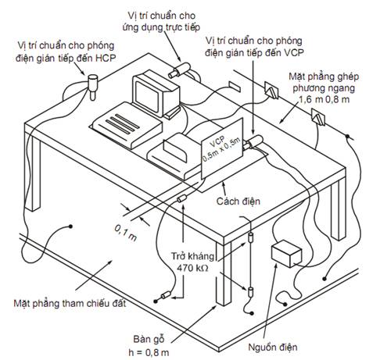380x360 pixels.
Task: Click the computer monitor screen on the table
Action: point(147,96)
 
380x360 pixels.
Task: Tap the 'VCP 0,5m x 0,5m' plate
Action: point(222,148)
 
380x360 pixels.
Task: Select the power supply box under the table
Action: point(286,253)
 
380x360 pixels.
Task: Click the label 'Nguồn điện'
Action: point(273,347)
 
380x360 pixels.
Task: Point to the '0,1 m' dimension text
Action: point(126,233)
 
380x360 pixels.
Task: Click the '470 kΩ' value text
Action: point(192,268)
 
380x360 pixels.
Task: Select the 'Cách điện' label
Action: point(238,201)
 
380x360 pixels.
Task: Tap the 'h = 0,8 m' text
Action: point(149,352)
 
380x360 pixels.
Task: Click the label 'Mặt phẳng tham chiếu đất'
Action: point(70,303)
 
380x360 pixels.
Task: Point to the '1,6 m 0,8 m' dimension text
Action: point(324,99)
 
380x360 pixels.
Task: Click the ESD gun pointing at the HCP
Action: point(92,87)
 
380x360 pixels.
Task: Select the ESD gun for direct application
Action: point(180,70)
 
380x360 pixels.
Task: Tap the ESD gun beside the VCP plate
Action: point(253,141)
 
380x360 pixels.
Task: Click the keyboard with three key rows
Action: point(127,125)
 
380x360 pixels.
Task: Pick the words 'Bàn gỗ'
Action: point(149,339)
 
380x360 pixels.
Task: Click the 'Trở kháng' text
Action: point(192,256)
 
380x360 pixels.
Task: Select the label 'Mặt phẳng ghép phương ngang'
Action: point(324,82)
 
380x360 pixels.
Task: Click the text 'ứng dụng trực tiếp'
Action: point(161,27)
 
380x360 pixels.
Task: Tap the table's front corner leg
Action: point(224,273)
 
